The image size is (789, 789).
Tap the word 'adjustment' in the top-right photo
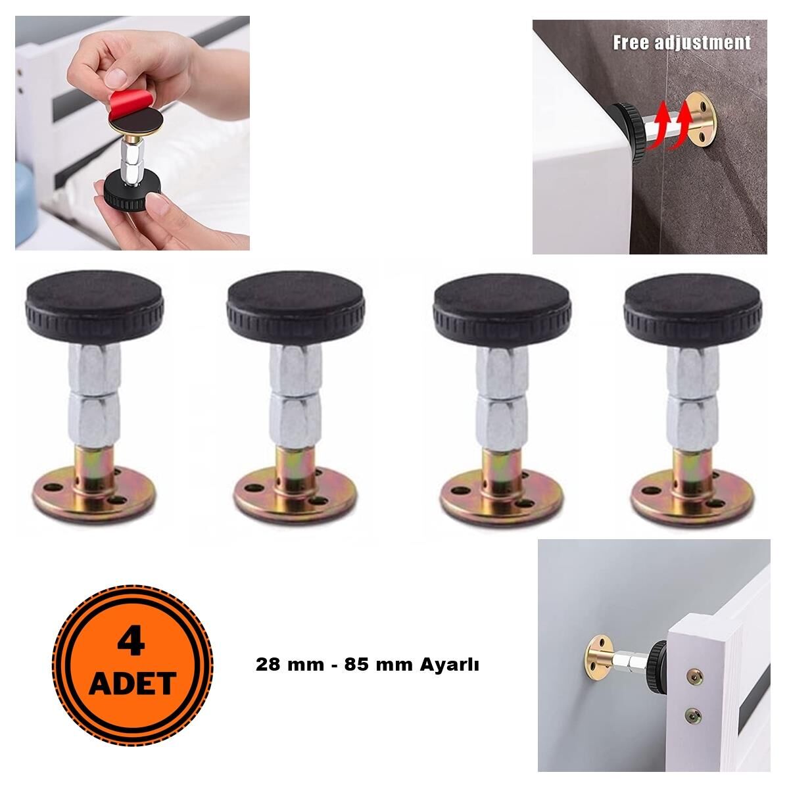pyautogui.click(x=703, y=43)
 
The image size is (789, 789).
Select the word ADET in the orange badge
pyautogui.click(x=133, y=682)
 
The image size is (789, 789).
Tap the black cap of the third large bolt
pyautogui.click(x=502, y=307)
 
